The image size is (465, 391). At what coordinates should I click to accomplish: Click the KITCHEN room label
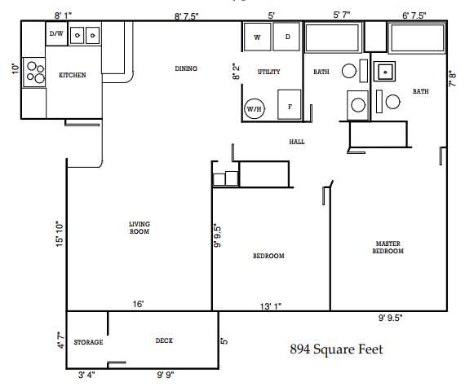(x=73, y=75)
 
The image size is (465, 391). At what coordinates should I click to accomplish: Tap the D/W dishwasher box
(x=56, y=34)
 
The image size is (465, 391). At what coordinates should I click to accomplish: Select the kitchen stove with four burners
(x=34, y=72)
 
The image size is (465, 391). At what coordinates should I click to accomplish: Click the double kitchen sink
(x=85, y=35)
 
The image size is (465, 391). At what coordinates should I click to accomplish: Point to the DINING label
(x=186, y=68)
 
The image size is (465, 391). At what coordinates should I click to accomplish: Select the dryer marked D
(x=286, y=37)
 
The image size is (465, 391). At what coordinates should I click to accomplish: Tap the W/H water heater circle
(x=255, y=108)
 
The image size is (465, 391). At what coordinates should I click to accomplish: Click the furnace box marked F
(x=290, y=106)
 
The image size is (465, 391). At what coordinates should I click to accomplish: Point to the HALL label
(x=296, y=142)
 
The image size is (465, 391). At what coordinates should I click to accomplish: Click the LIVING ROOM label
(x=139, y=227)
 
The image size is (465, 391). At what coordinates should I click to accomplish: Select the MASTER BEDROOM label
(x=388, y=247)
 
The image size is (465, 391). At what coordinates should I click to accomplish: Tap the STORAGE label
(x=88, y=342)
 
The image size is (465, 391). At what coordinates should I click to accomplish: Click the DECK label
(x=164, y=340)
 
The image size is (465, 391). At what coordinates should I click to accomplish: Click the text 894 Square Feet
(x=336, y=349)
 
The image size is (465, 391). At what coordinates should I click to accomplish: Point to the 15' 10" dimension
(x=59, y=236)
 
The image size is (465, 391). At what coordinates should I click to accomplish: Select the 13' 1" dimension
(x=271, y=305)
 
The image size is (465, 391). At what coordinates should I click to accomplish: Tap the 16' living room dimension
(x=139, y=304)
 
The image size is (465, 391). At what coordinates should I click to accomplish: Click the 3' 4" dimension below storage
(x=87, y=375)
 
